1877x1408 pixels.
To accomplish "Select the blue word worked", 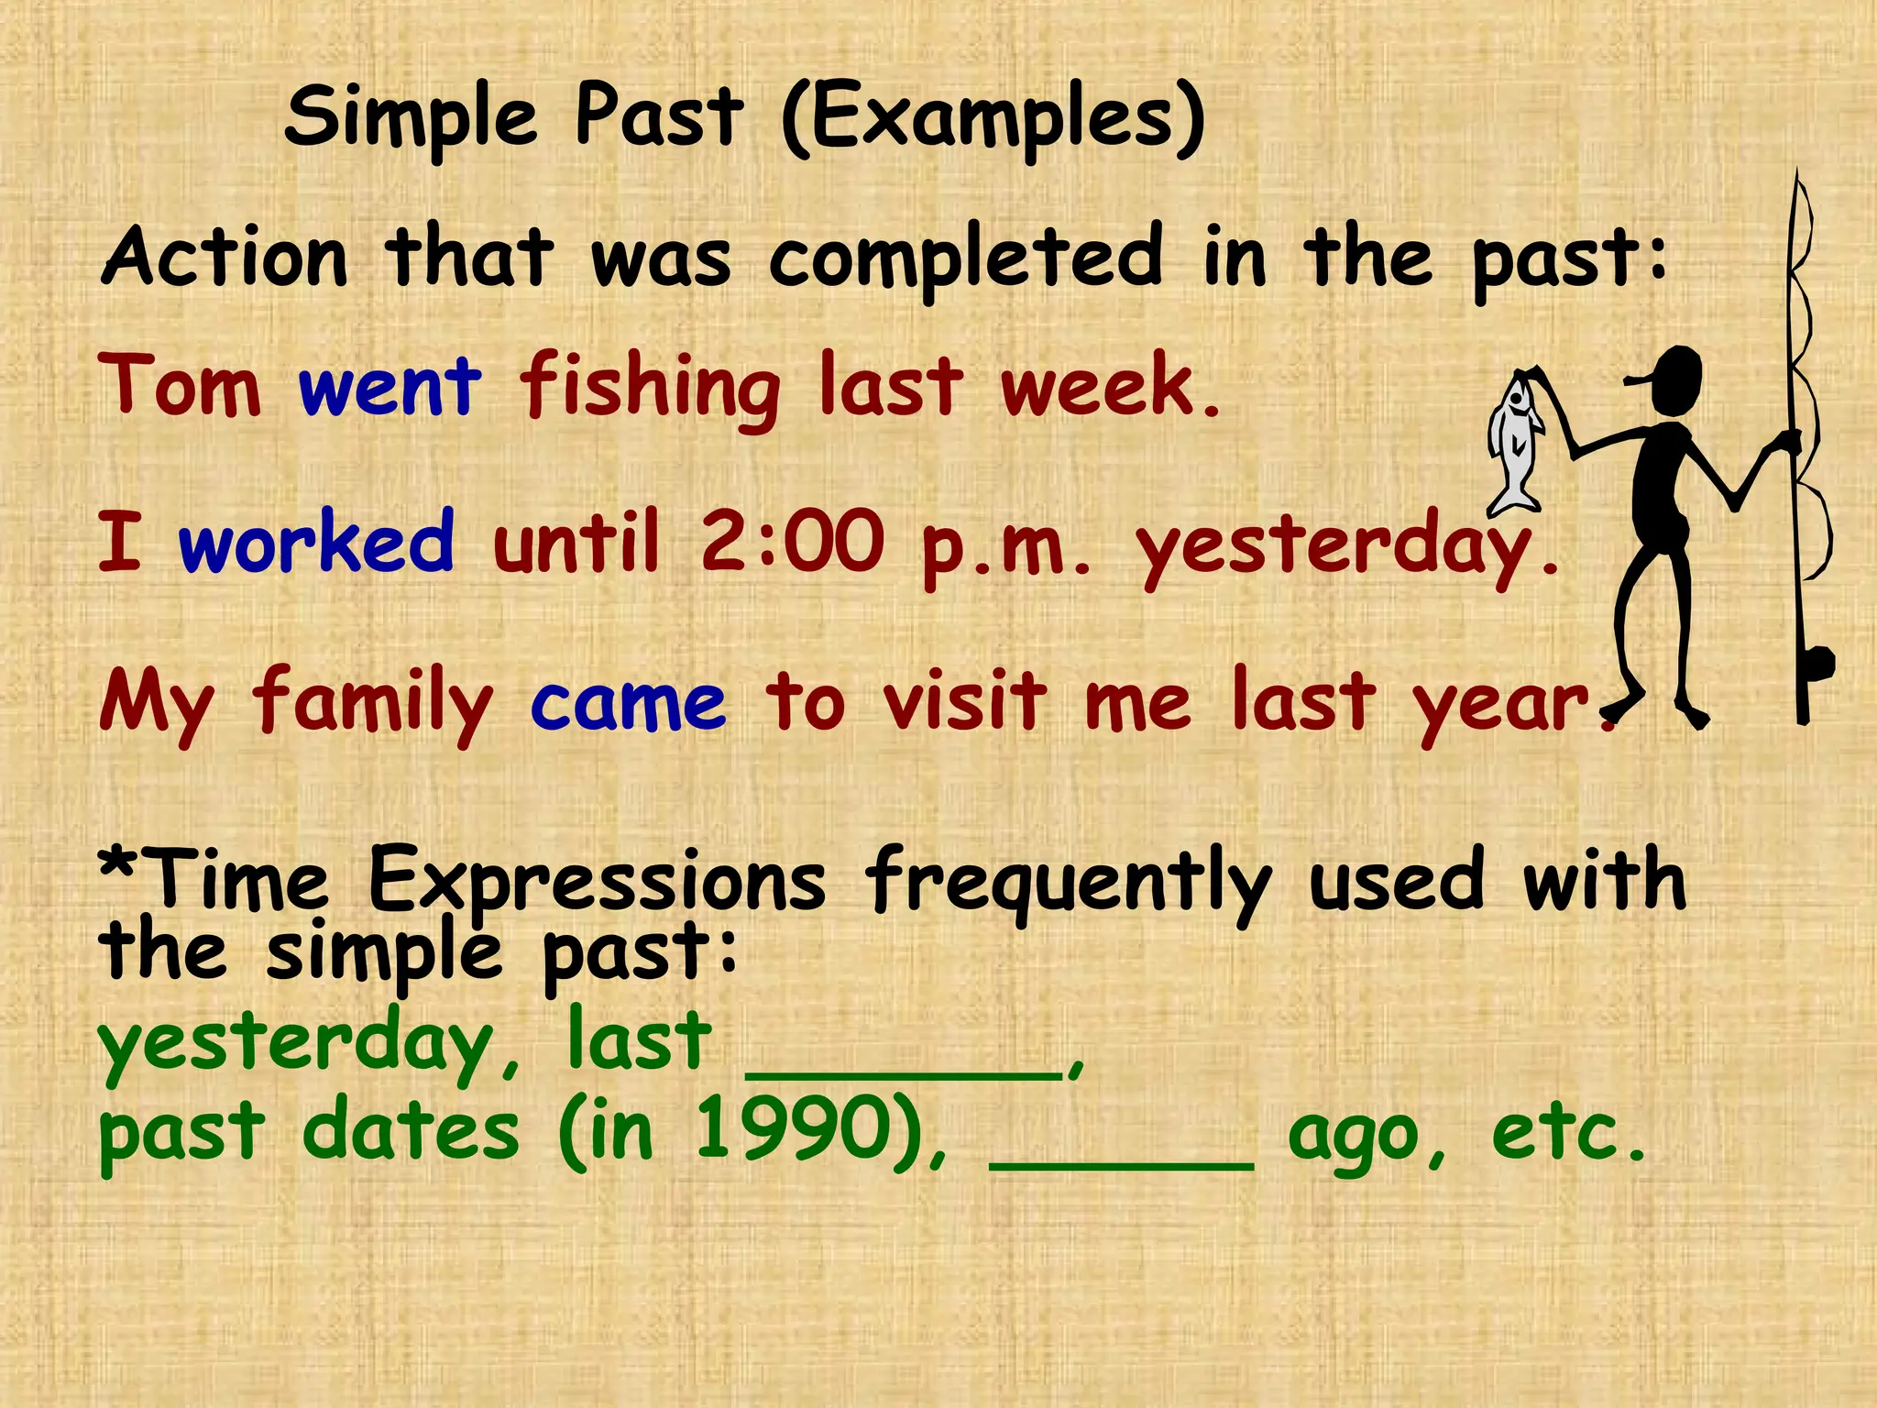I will pos(316,543).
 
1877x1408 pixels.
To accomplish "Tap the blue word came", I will pos(628,703).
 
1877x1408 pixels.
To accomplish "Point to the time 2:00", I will pos(792,543).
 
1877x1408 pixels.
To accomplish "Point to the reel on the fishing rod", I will pos(1816,664).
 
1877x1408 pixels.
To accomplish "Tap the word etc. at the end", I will pos(1568,1132).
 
